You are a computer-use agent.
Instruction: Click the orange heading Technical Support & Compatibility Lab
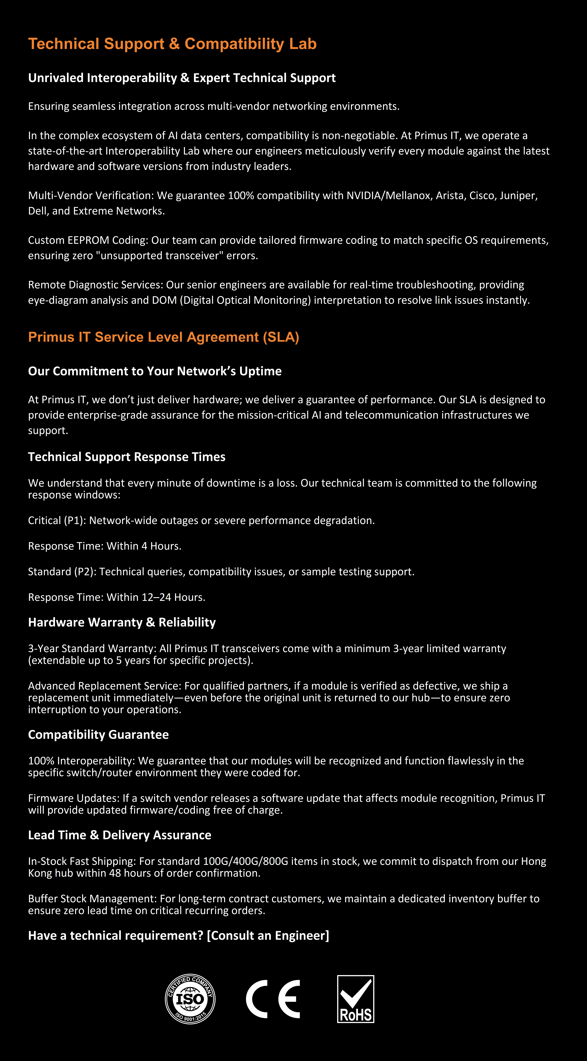click(x=172, y=44)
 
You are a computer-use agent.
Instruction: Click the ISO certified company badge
click(x=190, y=999)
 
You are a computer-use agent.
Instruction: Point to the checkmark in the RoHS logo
click(x=356, y=993)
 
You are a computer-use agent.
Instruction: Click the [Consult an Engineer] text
click(x=268, y=935)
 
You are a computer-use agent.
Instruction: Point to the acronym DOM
click(x=164, y=300)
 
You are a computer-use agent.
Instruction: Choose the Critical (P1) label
click(x=57, y=521)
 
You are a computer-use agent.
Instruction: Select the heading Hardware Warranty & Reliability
click(x=122, y=622)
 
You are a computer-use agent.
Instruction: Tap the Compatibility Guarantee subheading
click(x=98, y=735)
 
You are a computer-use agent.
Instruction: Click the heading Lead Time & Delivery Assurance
click(x=120, y=835)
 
